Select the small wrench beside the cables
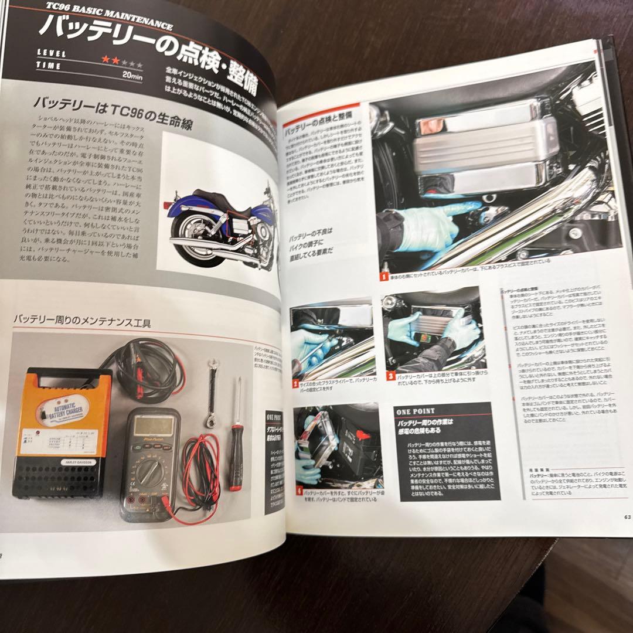coord(212,393)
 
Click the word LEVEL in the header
coord(51,53)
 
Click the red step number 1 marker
coord(383,276)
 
